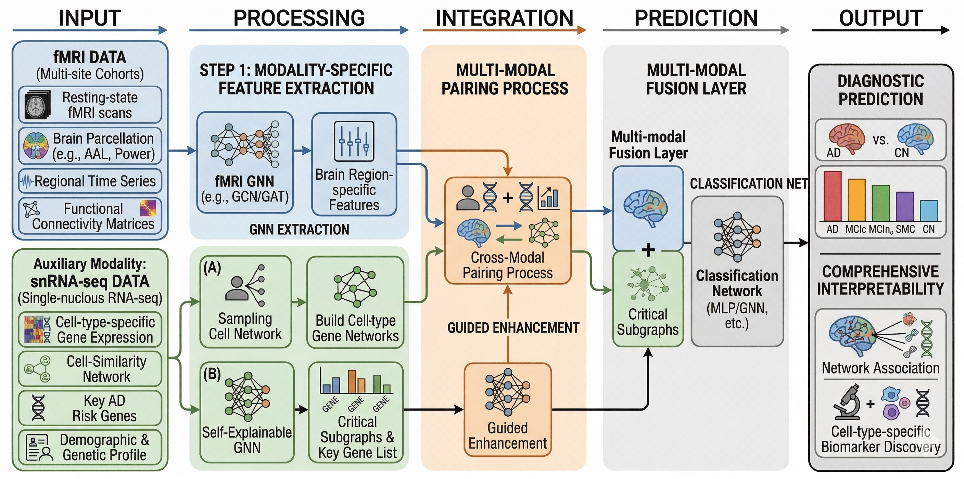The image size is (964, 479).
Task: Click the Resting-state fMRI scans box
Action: pos(90,105)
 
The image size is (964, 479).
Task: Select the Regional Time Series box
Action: pos(90,181)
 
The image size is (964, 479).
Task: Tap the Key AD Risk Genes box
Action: pos(90,408)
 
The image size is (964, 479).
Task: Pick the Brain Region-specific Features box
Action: pos(354,165)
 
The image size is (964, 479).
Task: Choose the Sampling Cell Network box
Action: pos(245,302)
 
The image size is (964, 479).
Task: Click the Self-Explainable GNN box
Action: pos(247,412)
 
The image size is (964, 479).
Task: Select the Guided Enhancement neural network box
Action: pos(508,410)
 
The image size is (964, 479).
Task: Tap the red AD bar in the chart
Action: pos(833,196)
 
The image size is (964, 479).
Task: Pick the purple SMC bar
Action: pos(905,206)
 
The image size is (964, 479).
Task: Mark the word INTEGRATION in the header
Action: pos(505,18)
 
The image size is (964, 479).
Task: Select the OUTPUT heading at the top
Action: pos(881,18)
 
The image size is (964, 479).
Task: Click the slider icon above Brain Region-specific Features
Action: pos(354,141)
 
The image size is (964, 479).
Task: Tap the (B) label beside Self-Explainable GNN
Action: pos(212,374)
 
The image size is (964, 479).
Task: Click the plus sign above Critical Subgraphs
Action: pos(648,250)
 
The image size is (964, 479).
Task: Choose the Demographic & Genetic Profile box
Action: pos(90,448)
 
